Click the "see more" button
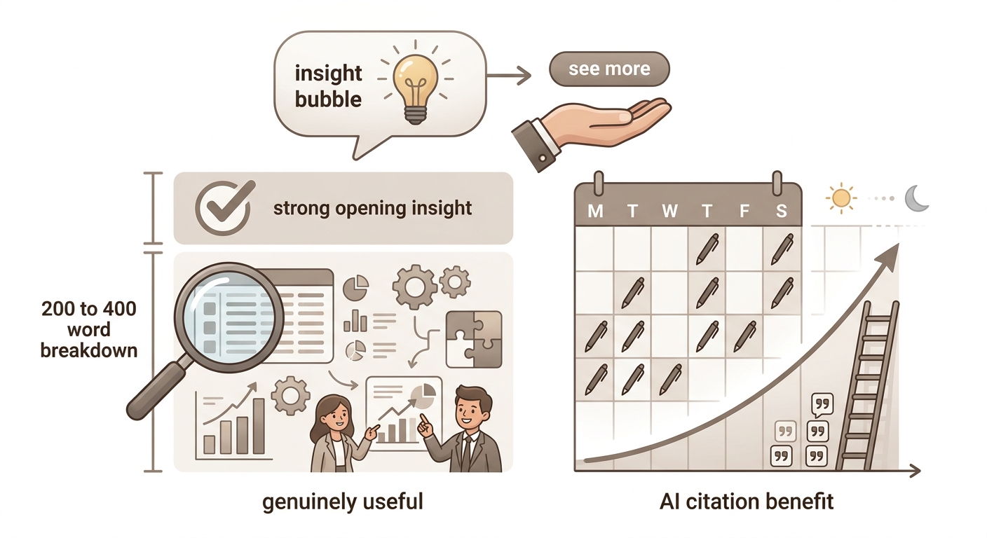pos(609,69)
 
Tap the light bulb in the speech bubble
pos(415,88)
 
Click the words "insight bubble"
pos(328,86)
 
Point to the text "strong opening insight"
pos(372,208)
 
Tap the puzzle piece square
pos(474,340)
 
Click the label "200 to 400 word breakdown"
pos(89,330)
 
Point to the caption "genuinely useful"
pos(343,502)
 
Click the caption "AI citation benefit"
pos(747,502)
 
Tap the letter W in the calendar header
pos(669,212)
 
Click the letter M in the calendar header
pos(595,212)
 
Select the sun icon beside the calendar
pos(840,198)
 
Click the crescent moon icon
pos(916,198)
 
